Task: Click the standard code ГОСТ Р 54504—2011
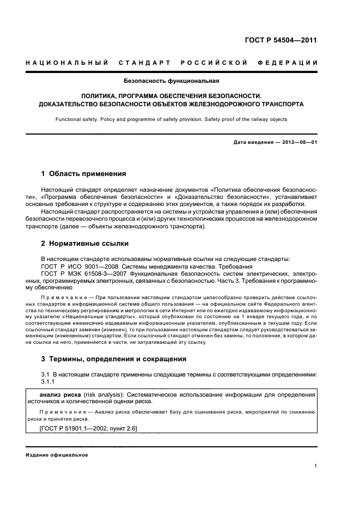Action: coord(282,40)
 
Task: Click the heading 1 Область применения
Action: coord(84,174)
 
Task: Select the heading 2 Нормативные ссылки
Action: coord(85,243)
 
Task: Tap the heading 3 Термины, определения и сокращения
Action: coord(114,359)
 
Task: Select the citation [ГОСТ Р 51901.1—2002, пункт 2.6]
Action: coord(89,429)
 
